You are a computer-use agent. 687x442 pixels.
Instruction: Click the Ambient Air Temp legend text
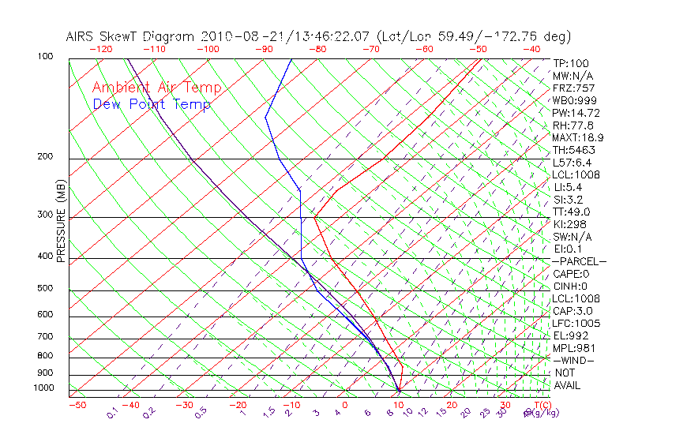156,88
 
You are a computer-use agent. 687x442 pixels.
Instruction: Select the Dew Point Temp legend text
152,104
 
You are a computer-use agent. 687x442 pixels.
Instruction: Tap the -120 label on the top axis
101,49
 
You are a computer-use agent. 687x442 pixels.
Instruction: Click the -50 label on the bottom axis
77,405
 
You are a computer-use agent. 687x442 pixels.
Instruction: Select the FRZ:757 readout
573,88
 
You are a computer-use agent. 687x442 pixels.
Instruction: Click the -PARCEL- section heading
579,261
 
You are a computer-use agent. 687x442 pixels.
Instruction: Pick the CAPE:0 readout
571,274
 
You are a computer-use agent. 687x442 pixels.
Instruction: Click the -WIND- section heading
573,360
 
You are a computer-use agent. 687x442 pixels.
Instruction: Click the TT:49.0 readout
571,212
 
